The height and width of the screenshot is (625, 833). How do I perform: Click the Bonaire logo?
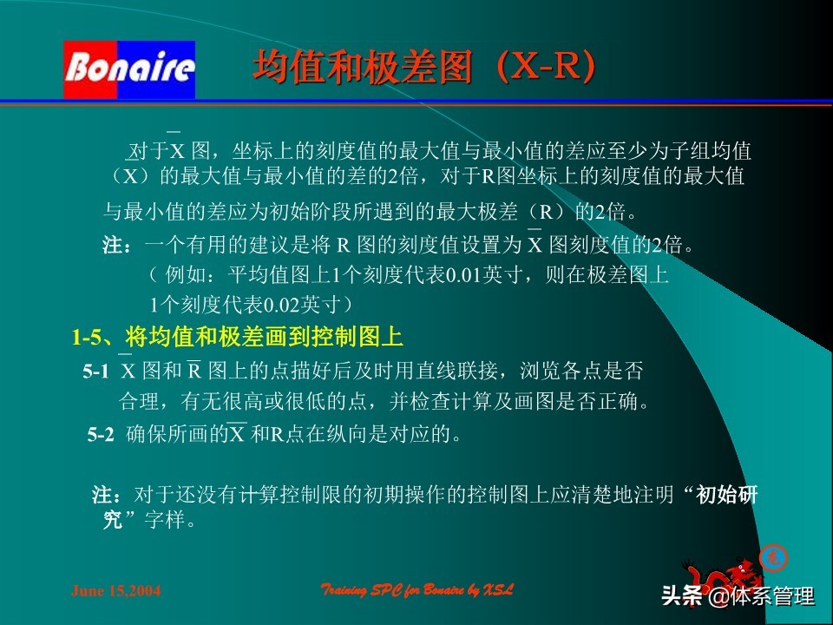coord(129,69)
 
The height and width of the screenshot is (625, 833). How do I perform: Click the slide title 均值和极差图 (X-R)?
coord(424,68)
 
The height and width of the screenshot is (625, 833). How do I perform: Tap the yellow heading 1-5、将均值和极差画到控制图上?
coord(238,337)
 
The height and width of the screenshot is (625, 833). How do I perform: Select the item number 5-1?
coord(95,372)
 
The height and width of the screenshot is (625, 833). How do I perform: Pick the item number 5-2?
coord(101,436)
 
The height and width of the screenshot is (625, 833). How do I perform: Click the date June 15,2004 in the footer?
coord(115,591)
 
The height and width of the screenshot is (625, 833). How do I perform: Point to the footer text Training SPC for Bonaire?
coord(417,590)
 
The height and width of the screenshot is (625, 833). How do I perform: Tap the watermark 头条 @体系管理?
coord(738,596)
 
